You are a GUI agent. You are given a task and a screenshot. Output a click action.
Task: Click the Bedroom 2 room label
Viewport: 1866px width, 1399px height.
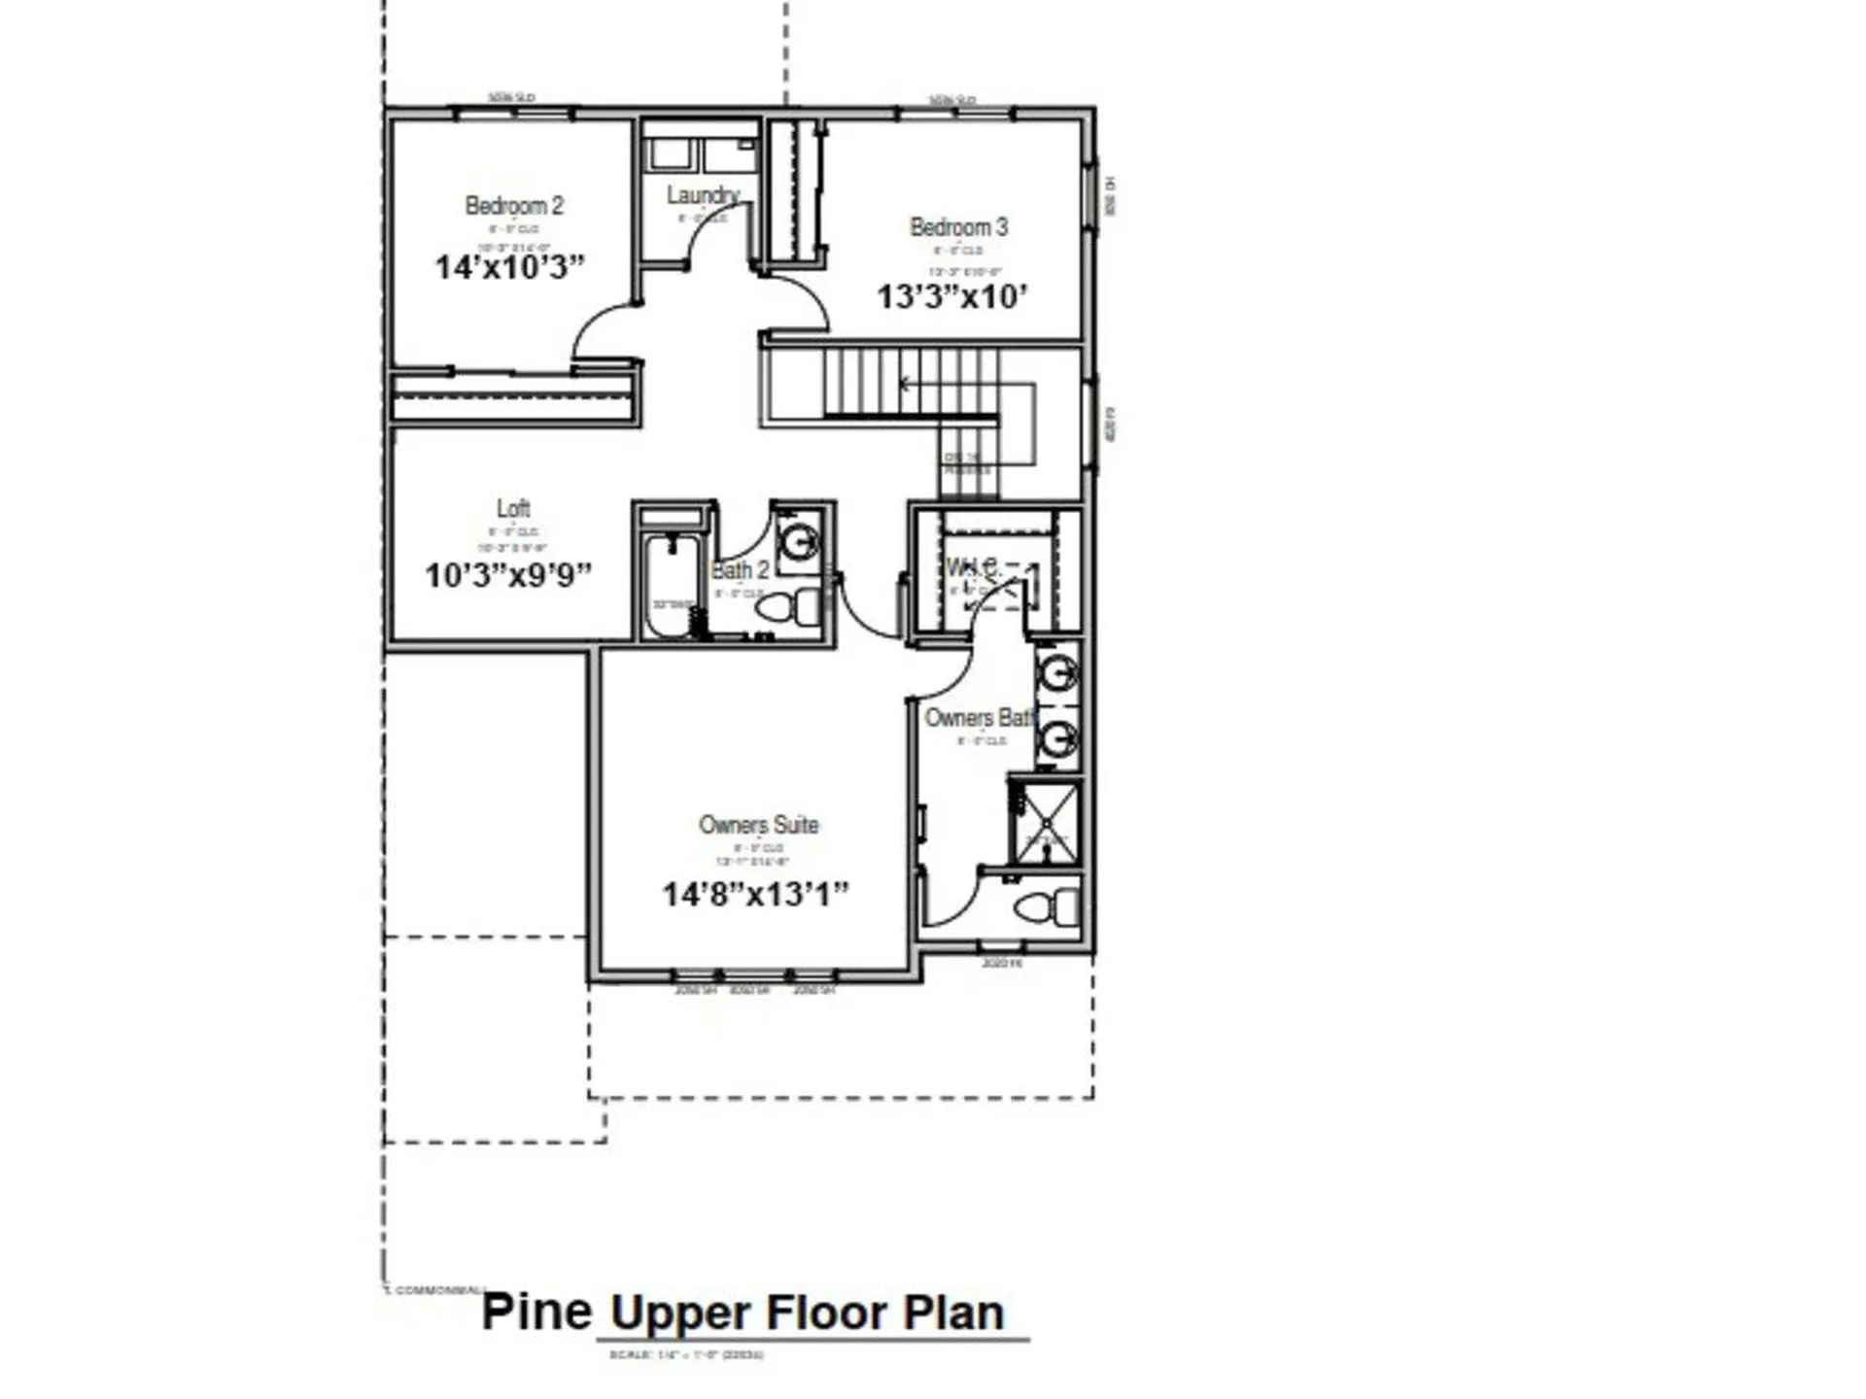pos(513,206)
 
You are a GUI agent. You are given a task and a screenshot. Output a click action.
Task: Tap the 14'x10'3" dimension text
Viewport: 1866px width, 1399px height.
pos(509,267)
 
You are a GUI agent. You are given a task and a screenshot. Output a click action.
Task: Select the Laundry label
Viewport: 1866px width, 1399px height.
pos(703,195)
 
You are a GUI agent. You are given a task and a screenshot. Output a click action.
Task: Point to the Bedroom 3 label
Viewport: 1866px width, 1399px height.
pos(958,227)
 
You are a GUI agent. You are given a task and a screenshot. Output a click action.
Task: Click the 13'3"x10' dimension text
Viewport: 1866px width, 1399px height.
pos(951,296)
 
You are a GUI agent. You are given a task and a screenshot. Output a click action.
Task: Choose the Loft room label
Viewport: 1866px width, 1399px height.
pos(513,508)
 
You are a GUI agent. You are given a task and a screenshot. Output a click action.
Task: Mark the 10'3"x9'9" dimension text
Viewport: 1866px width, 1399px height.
pos(507,575)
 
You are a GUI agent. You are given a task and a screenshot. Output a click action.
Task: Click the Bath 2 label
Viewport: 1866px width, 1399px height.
pos(740,570)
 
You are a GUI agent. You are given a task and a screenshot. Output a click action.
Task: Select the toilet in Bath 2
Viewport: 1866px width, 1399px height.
pos(788,608)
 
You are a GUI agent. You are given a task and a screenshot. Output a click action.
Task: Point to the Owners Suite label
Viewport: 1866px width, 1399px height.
pos(758,825)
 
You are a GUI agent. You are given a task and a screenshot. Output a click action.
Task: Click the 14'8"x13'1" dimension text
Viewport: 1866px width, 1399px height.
pos(755,894)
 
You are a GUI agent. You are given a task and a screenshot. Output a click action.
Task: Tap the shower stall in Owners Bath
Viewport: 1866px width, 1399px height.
pos(1045,822)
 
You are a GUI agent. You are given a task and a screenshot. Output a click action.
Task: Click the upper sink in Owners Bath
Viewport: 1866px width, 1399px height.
pos(1056,671)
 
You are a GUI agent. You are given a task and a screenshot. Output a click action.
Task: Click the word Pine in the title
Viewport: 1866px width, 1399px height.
pos(536,1312)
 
